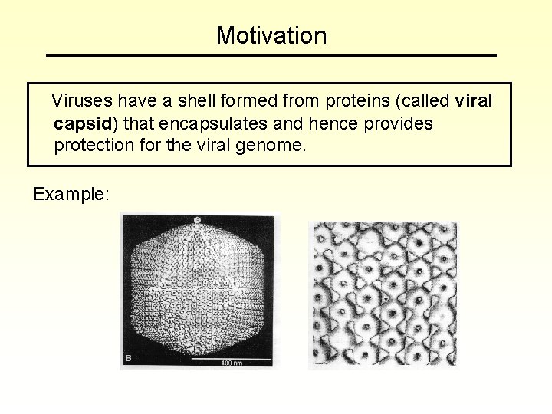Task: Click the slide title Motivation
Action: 271,35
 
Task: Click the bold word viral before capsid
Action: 475,101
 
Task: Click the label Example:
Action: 71,195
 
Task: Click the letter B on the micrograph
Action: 128,358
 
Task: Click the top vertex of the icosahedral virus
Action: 199,221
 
